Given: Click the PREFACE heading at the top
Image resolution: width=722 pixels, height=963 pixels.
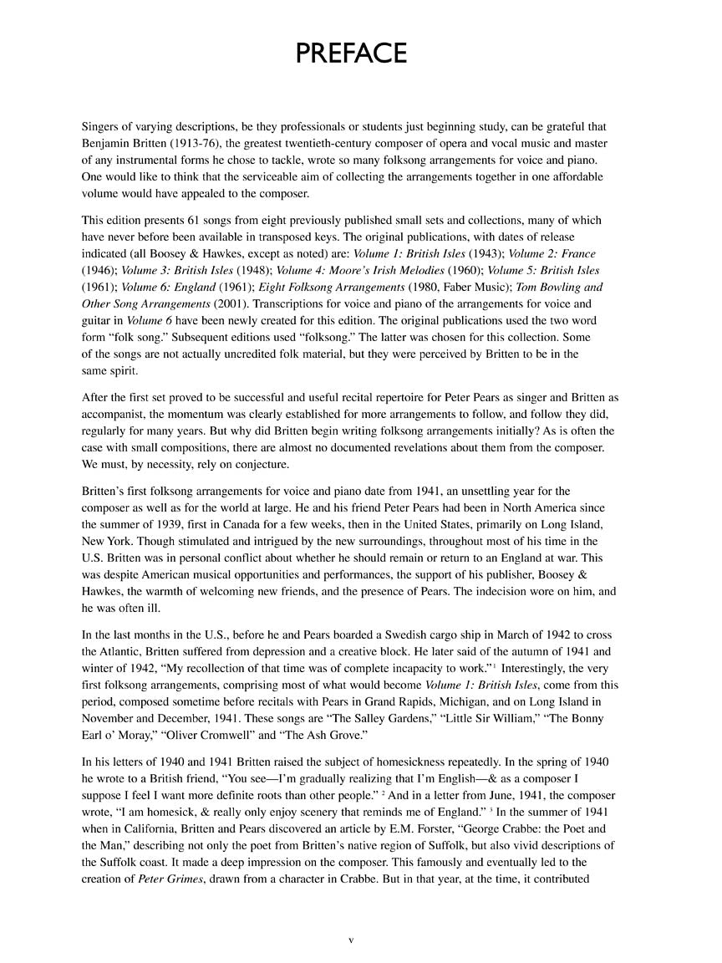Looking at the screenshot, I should click(351, 53).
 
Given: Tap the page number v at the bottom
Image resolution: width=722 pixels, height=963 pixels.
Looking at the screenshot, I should click(351, 940).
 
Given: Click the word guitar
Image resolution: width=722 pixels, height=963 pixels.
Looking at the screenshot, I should click(99, 320).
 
